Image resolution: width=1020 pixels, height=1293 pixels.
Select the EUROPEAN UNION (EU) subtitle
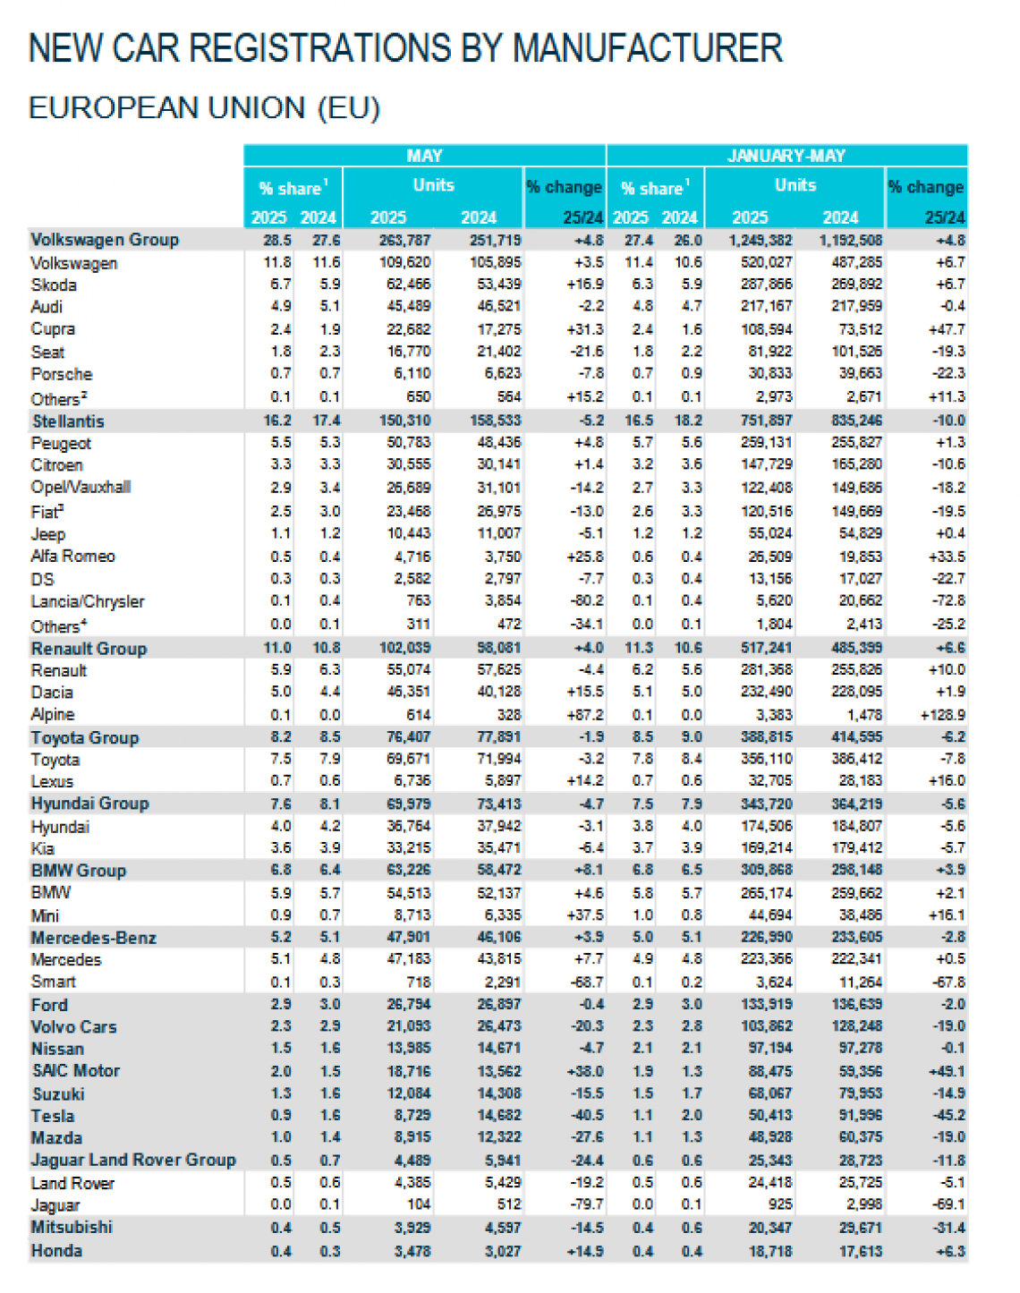coord(204,108)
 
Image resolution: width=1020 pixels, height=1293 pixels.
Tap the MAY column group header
coord(424,156)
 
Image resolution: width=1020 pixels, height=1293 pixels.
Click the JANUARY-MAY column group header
coord(786,156)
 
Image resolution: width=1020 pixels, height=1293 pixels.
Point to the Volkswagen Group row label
coord(105,240)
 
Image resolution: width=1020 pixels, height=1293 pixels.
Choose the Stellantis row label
coord(68,421)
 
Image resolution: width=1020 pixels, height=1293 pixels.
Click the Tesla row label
coord(53,1116)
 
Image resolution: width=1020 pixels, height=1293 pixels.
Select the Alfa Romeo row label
coord(72,556)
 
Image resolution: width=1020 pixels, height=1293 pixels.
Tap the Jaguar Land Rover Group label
coord(133,1160)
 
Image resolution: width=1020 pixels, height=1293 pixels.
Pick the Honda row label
coord(56,1250)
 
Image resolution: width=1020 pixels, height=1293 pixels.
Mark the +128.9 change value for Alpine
coord(942,715)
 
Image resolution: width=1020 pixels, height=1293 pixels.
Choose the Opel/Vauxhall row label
coord(81,488)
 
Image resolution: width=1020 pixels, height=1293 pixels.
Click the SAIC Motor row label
coord(75,1071)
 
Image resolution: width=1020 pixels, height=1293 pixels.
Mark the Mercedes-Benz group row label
coord(93,938)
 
